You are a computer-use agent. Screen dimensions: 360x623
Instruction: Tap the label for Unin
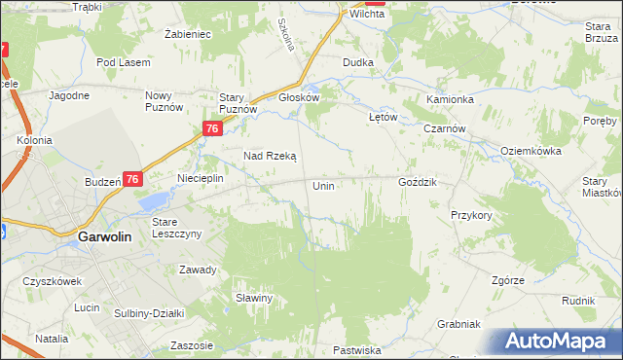coord(324,185)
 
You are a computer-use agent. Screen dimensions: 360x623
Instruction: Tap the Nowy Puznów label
coord(164,101)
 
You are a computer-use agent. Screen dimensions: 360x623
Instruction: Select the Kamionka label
coord(450,100)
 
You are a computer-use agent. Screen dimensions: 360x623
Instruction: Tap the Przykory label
coord(470,215)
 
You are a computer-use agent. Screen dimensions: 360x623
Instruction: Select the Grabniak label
coord(459,324)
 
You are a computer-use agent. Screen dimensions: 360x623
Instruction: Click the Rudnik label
coord(578,302)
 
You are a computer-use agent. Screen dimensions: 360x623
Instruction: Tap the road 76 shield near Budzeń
coord(133,179)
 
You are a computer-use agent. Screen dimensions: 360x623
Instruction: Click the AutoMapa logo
coord(561,341)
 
